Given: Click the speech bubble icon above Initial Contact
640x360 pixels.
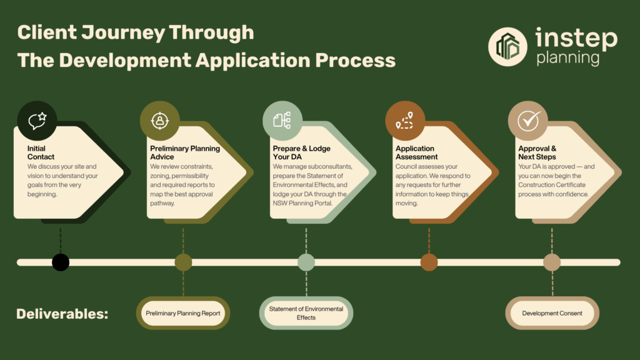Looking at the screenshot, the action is (37, 121).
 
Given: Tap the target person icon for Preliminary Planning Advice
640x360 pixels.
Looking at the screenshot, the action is (159, 121).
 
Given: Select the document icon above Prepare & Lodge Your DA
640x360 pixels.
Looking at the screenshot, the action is (282, 121).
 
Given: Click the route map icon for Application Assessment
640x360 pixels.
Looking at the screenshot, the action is (405, 121).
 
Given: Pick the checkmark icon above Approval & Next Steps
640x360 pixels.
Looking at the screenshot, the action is (528, 121).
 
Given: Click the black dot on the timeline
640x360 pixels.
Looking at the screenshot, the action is (61, 262).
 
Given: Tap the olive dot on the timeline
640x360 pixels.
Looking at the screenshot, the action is (183, 262).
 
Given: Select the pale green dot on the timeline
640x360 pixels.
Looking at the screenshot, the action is (306, 262).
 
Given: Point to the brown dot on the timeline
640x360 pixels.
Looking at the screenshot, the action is (429, 262).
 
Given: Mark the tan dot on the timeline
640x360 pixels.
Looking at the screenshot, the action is (552, 262).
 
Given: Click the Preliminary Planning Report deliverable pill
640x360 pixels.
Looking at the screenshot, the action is (183, 313).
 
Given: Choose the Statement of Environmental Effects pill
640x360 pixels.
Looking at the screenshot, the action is (306, 313).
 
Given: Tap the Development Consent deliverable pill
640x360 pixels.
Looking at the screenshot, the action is (552, 313).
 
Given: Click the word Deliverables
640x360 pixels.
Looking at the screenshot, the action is (62, 314).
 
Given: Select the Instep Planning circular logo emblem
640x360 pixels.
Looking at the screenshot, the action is (507, 47).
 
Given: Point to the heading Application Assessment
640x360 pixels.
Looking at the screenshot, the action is (416, 152).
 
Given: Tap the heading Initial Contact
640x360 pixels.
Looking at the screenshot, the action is (41, 152).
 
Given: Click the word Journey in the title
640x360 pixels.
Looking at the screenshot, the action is (123, 33).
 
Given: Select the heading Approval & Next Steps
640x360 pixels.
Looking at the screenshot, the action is (537, 152).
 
